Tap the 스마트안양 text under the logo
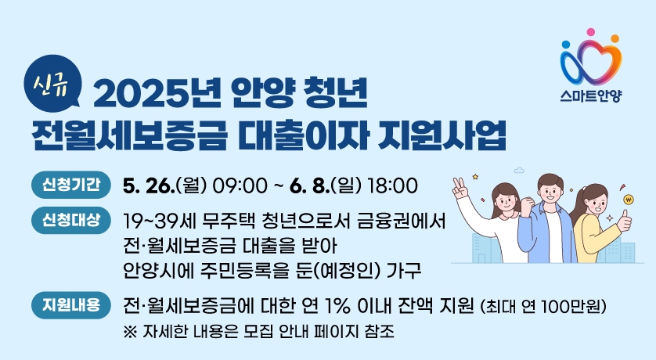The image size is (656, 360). pyautogui.click(x=591, y=96)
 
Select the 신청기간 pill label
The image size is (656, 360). pyautogui.click(x=71, y=185)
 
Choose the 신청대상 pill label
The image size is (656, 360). pyautogui.click(x=71, y=220)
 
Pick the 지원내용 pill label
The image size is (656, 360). pyautogui.click(x=71, y=305)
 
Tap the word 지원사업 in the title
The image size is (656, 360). pyautogui.click(x=442, y=135)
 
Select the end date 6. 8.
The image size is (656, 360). pyautogui.click(x=309, y=186)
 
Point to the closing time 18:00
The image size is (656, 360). pyautogui.click(x=392, y=186)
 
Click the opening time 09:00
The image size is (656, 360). pyautogui.click(x=240, y=186)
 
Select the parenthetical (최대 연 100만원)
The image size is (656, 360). pyautogui.click(x=543, y=307)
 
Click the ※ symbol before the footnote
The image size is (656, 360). pyautogui.click(x=130, y=332)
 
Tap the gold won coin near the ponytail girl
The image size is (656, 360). pyautogui.click(x=629, y=200)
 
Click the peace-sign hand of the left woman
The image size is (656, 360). pyautogui.click(x=460, y=188)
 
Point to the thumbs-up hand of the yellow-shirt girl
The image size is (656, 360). pyautogui.click(x=624, y=220)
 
